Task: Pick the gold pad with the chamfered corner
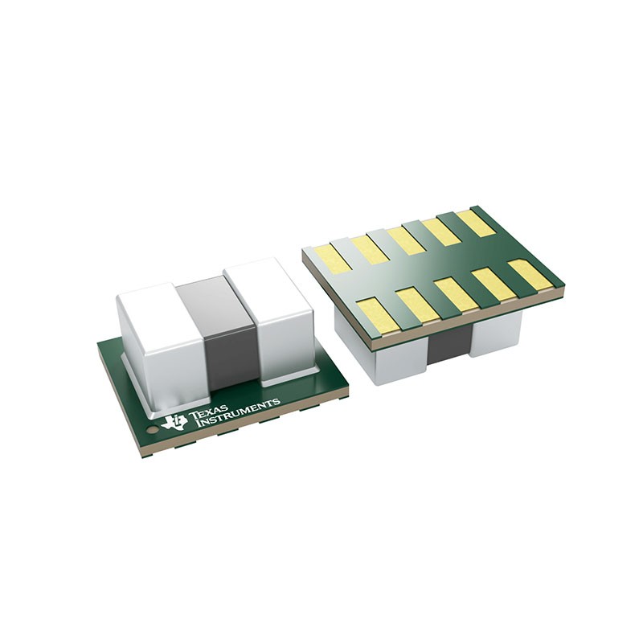point(530,274)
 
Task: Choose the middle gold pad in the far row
point(405,240)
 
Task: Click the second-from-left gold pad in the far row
point(371,248)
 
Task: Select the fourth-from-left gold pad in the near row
point(491,284)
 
